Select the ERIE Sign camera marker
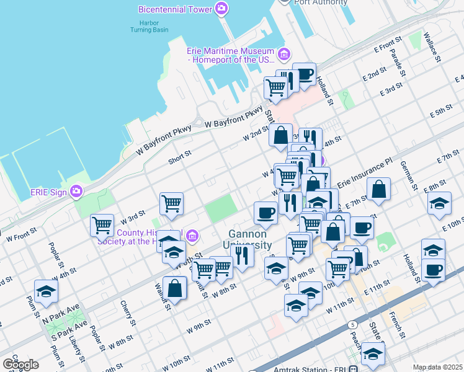[x=76, y=191]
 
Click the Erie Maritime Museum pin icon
[x=283, y=54]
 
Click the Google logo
[x=20, y=364]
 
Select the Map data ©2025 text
[x=437, y=367]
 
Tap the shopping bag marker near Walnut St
[x=175, y=288]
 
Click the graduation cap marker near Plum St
[x=46, y=291]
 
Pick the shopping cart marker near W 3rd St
[x=102, y=225]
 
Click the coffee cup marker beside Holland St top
[x=304, y=74]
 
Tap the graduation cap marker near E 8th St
[x=439, y=204]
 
